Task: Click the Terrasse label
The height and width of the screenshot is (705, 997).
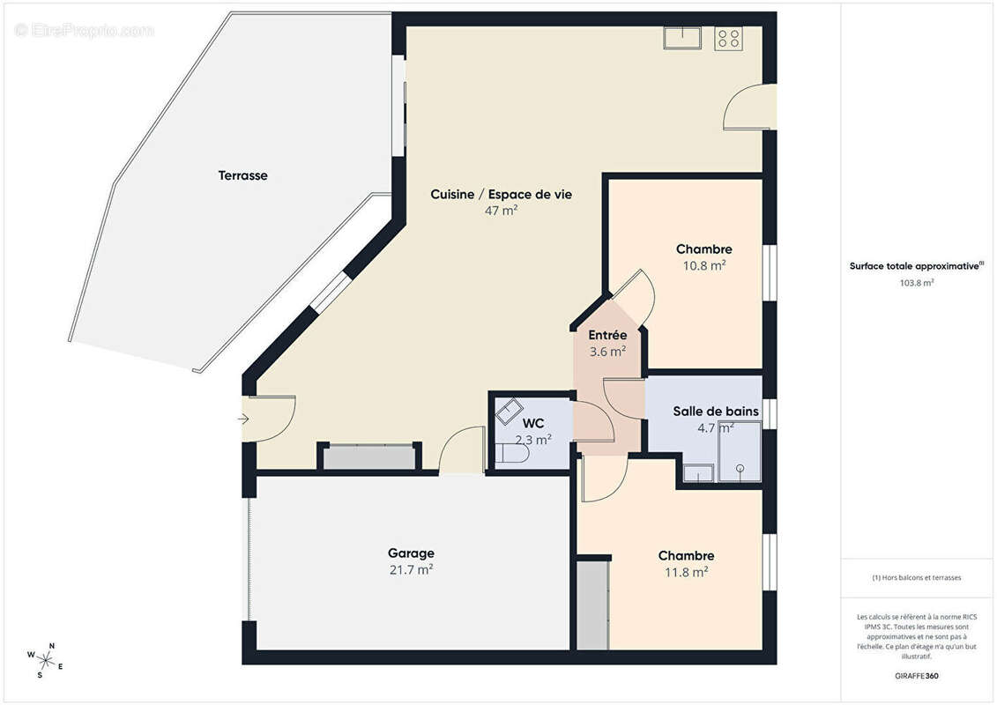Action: coord(243,175)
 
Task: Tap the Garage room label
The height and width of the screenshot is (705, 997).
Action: coord(411,553)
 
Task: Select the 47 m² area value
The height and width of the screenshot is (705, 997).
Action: coord(501,211)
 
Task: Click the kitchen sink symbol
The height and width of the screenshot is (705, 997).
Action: coord(682,38)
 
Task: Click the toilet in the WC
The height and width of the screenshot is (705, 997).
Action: coord(512,453)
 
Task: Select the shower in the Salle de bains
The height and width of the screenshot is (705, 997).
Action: coord(740,451)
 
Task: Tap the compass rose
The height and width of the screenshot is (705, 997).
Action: coord(44,661)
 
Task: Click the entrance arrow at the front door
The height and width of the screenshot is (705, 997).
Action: coord(243,419)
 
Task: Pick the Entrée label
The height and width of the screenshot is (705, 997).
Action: coord(607,335)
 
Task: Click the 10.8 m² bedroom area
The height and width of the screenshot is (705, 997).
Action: coord(703,266)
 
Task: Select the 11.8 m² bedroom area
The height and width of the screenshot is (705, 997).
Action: coord(686,572)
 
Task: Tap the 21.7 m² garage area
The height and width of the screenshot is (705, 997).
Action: coord(411,569)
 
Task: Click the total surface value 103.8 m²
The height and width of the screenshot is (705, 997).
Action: coord(916,283)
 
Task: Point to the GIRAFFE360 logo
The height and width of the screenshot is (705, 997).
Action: coord(916,676)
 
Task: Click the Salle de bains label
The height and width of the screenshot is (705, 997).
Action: coord(716,412)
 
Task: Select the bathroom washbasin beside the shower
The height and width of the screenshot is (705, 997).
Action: coord(698,473)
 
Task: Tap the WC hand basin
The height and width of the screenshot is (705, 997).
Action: coord(509,412)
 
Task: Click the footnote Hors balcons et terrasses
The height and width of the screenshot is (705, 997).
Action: coord(916,578)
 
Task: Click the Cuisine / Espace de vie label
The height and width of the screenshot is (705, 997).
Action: coord(501,195)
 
